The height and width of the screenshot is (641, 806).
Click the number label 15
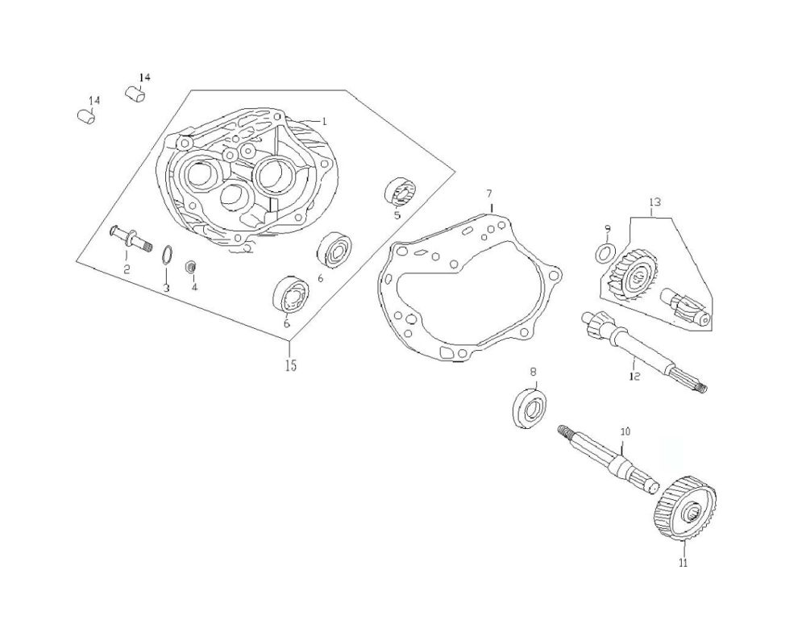(290, 365)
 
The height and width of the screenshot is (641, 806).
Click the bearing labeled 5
(399, 191)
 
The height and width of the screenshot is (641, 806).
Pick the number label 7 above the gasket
(488, 194)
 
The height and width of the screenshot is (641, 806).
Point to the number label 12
(634, 377)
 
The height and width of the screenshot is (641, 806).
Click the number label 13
(654, 202)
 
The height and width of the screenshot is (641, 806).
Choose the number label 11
(683, 564)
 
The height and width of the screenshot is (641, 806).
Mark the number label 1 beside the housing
(323, 121)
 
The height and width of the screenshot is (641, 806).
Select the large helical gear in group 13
(632, 277)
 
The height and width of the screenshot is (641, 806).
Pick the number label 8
(532, 371)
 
